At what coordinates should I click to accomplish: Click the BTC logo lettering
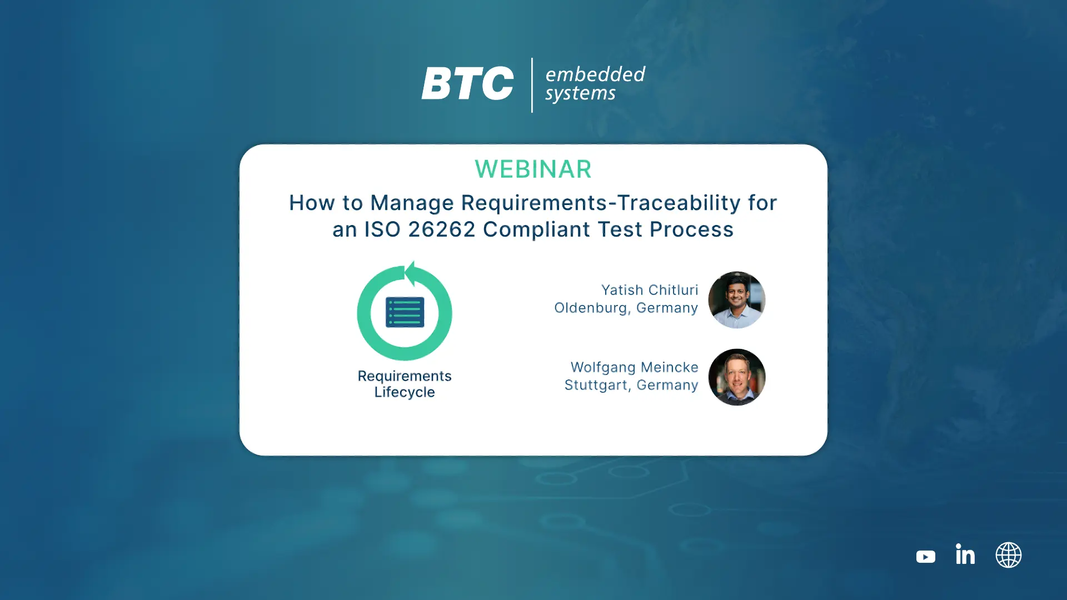pyautogui.click(x=467, y=83)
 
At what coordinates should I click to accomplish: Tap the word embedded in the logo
pyautogui.click(x=595, y=74)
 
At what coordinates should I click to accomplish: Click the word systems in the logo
pyautogui.click(x=580, y=93)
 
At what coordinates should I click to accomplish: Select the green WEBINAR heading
pyautogui.click(x=533, y=169)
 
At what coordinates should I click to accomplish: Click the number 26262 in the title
pyautogui.click(x=442, y=229)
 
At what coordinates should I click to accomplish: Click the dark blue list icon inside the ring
pyautogui.click(x=405, y=312)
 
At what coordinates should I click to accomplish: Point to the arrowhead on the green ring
pyautogui.click(x=411, y=273)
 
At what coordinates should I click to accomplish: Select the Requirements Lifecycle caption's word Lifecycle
pyautogui.click(x=405, y=392)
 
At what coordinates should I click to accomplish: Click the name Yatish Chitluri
pyautogui.click(x=650, y=290)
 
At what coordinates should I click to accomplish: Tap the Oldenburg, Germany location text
pyautogui.click(x=626, y=308)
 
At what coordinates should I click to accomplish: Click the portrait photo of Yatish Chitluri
pyautogui.click(x=737, y=300)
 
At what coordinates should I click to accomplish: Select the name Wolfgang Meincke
pyautogui.click(x=634, y=367)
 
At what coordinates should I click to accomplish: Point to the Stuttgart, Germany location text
pyautogui.click(x=631, y=386)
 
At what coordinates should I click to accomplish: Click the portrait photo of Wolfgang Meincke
pyautogui.click(x=737, y=377)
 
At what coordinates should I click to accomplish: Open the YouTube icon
pyautogui.click(x=926, y=557)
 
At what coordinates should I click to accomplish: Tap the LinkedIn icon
pyautogui.click(x=965, y=554)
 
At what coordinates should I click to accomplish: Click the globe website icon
pyautogui.click(x=1009, y=555)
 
